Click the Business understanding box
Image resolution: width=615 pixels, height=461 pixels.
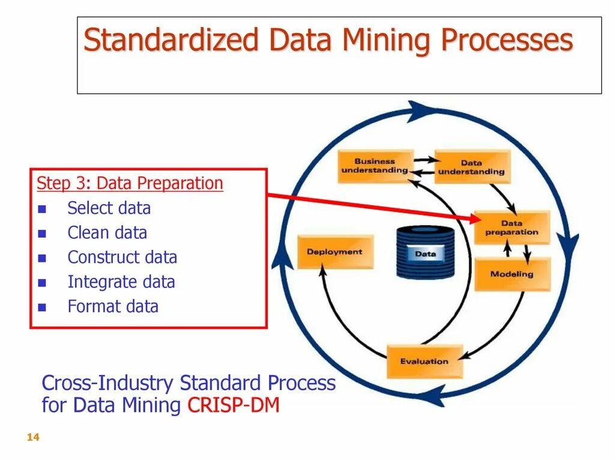(375, 166)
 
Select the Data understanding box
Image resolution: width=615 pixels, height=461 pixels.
(471, 166)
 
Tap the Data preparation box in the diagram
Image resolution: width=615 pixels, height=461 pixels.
(512, 227)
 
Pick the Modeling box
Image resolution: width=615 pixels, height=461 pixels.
(512, 274)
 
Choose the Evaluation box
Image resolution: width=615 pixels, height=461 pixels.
(424, 361)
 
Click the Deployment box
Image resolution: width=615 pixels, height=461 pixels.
(335, 252)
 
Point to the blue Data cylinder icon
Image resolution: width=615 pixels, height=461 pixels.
(425, 253)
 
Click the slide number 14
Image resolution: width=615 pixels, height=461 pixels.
(33, 438)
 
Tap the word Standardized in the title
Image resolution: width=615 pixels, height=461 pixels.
(172, 41)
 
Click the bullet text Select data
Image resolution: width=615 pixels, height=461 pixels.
(109, 208)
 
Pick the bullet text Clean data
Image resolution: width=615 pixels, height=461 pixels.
(107, 233)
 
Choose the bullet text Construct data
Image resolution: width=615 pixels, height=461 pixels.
(122, 258)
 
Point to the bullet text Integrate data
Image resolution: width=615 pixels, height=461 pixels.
(121, 282)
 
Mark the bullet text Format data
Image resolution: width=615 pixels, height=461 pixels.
(113, 307)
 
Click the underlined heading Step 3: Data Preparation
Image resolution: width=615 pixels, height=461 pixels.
(130, 184)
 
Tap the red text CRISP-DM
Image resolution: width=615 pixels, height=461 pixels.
(234, 406)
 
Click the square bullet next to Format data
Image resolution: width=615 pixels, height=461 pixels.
(42, 307)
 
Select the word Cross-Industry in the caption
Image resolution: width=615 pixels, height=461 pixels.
(108, 383)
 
